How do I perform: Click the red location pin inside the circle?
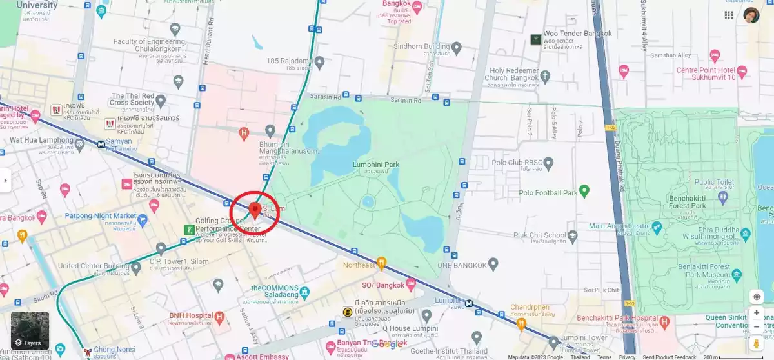click(254, 210)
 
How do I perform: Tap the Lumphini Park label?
click(375, 165)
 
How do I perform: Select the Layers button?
click(30, 330)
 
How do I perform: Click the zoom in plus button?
click(757, 313)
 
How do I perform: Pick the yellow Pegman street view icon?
click(757, 343)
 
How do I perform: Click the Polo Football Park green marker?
click(584, 191)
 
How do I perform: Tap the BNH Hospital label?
click(186, 315)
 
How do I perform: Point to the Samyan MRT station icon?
click(101, 145)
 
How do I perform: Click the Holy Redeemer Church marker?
click(545, 77)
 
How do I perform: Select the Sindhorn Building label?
click(421, 46)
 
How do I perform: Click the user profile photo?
click(751, 15)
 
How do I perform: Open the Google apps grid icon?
click(729, 15)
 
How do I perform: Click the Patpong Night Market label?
click(101, 216)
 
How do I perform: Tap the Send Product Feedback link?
click(669, 357)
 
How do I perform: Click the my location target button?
click(757, 297)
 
